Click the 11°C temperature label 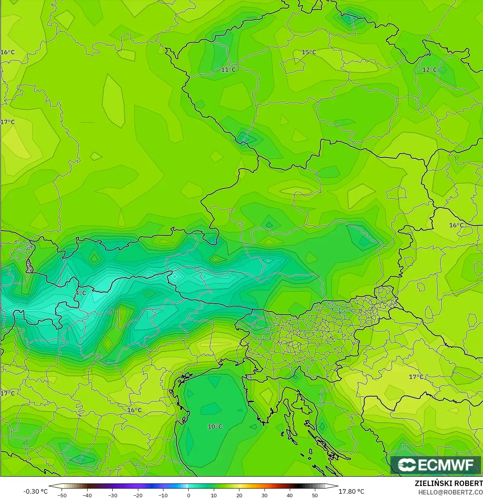[x=228, y=70]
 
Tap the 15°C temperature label [x=309, y=52]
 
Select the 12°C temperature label [x=429, y=70]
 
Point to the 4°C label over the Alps [x=81, y=293]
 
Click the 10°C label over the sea [x=215, y=426]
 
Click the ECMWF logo [x=436, y=465]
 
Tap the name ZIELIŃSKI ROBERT [x=449, y=483]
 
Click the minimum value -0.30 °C [x=35, y=491]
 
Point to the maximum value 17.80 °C [x=351, y=491]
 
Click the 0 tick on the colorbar [x=189, y=495]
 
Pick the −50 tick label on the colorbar [x=62, y=495]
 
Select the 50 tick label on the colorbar [x=315, y=495]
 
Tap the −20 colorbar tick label [x=138, y=495]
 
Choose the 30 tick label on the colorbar [x=264, y=495]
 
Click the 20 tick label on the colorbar [x=239, y=495]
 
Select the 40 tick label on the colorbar [x=289, y=495]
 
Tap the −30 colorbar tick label [x=112, y=495]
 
